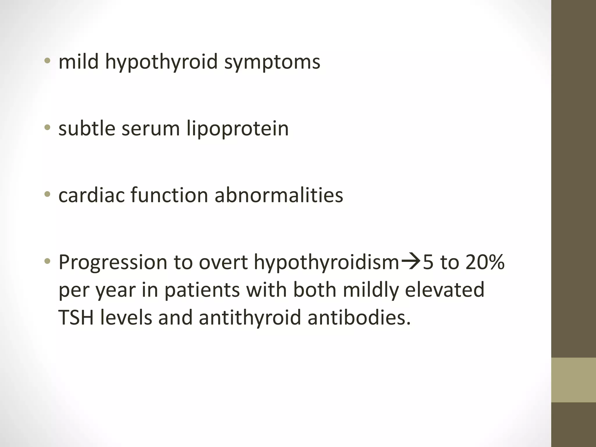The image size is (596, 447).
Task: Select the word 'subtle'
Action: tap(87, 128)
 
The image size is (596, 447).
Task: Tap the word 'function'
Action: tap(169, 195)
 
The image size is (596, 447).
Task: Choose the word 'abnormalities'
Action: tap(279, 195)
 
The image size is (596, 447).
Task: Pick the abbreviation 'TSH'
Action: tap(76, 317)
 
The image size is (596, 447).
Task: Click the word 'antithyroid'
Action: tap(250, 317)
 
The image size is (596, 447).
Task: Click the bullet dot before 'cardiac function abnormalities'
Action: tap(47, 194)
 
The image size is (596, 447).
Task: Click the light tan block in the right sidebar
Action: tap(574, 380)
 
